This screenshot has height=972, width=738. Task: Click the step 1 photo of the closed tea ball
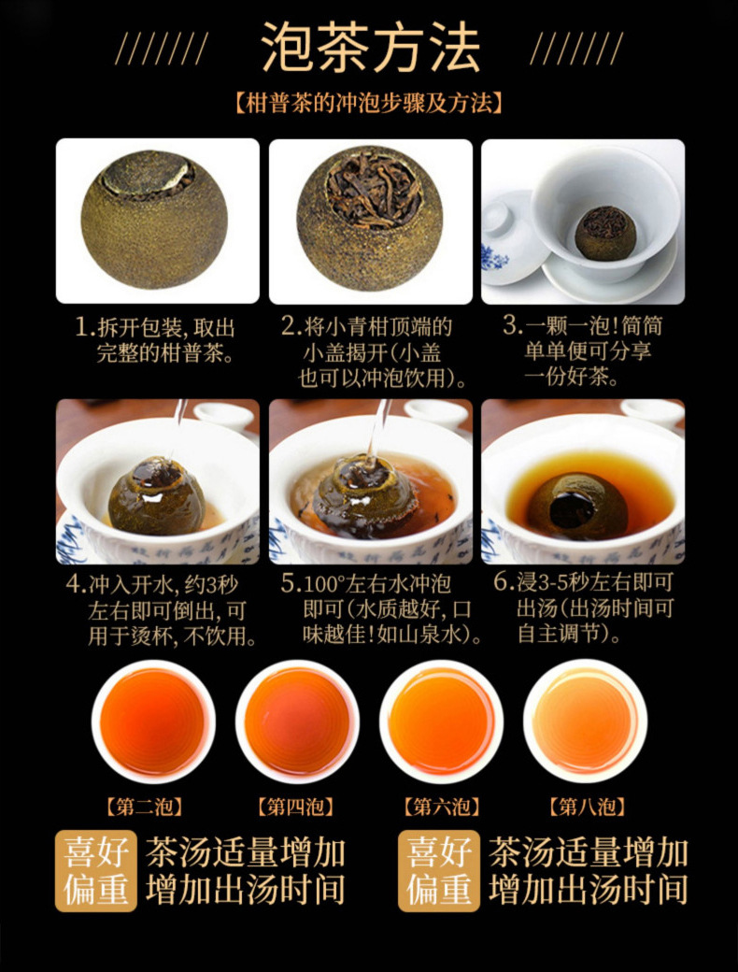[x=157, y=221]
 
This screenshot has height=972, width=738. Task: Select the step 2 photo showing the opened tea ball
[x=370, y=221]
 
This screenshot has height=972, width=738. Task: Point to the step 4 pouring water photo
[x=157, y=481]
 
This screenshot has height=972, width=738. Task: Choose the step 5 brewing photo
[x=370, y=481]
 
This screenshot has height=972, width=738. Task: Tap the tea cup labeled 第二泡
[x=153, y=721]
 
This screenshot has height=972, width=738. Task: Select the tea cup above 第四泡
[x=297, y=721]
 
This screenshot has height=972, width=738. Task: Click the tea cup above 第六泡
[x=441, y=721]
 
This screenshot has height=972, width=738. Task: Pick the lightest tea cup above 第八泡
[x=585, y=721]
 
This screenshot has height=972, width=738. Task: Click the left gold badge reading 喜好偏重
[x=96, y=871]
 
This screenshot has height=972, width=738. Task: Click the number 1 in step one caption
[x=84, y=328]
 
